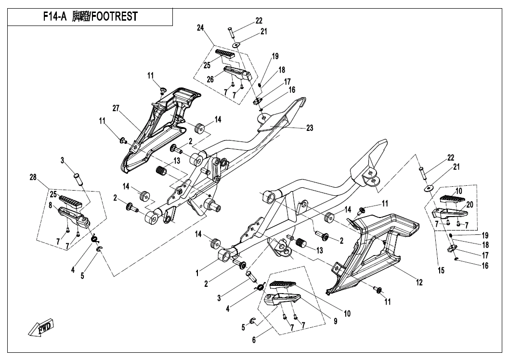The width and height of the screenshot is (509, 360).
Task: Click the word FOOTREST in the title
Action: click(115, 17)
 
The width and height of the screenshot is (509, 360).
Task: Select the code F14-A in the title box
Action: click(54, 17)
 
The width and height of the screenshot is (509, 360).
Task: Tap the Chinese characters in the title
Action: click(81, 17)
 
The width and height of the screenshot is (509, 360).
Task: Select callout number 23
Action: click(309, 128)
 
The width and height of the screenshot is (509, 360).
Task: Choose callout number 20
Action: click(470, 205)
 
